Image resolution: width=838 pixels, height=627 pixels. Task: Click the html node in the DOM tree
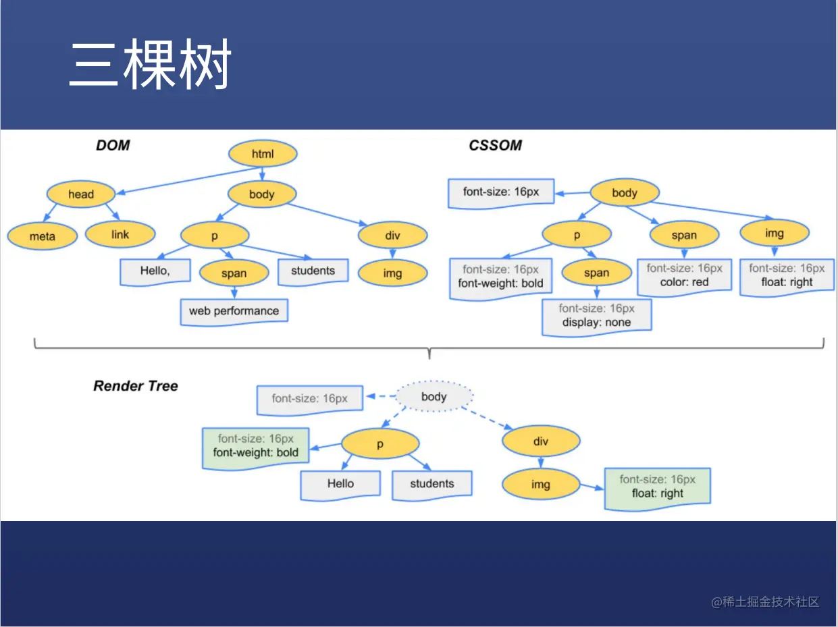(263, 153)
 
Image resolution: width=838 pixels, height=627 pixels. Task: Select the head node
(81, 194)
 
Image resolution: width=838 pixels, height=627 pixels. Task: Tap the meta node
(43, 236)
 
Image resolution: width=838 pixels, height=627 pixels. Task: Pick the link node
(120, 234)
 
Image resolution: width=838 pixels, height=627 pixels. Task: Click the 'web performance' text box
(234, 312)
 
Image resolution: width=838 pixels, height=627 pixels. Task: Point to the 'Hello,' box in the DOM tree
(155, 272)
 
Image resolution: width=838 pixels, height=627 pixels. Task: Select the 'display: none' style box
(597, 317)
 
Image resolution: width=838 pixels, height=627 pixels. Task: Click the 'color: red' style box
(685, 277)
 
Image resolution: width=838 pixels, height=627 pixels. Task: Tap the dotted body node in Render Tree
(434, 396)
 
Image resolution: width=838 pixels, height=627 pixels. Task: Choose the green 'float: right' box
(658, 489)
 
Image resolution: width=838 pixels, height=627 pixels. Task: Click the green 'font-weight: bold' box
(255, 448)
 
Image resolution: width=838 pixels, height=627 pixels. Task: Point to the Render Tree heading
(136, 386)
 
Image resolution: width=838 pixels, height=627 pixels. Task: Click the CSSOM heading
(495, 145)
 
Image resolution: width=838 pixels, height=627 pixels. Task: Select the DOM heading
(113, 145)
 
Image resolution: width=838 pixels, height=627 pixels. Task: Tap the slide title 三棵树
(150, 63)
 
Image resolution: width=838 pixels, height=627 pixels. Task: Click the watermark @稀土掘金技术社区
(764, 602)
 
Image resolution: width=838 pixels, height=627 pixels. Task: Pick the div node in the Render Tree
(541, 441)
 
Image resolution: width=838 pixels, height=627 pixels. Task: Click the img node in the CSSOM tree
(775, 233)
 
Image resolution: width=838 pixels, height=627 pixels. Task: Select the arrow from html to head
(187, 180)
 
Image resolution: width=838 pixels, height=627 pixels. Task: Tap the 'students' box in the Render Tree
(431, 485)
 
